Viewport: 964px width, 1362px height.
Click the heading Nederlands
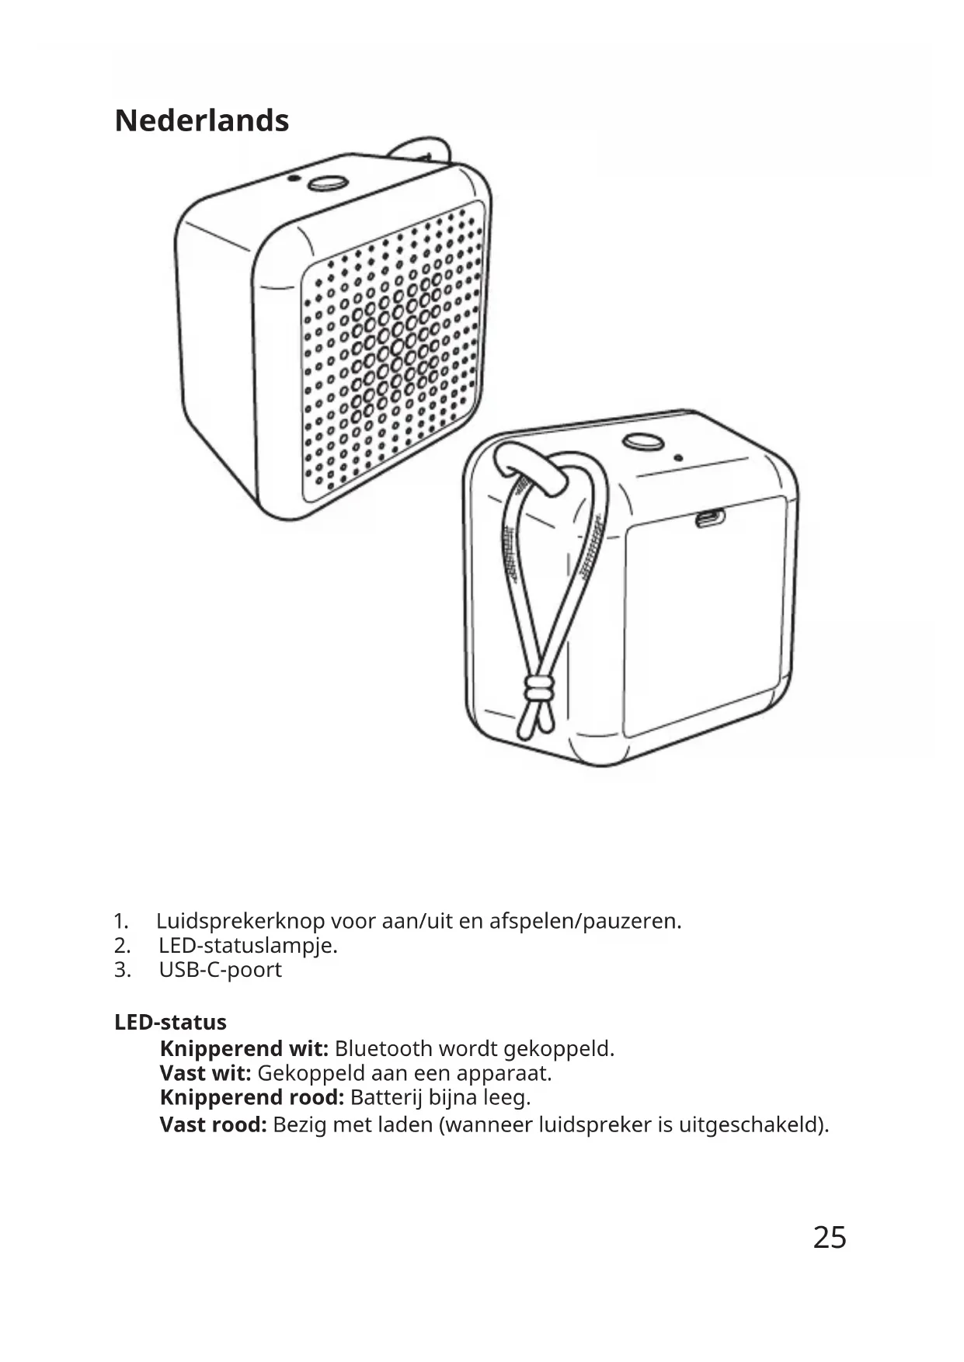click(x=202, y=121)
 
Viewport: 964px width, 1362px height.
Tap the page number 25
click(x=829, y=1237)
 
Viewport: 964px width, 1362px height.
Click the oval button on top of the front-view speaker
click(x=327, y=183)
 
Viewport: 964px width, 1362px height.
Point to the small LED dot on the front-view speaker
click(x=292, y=178)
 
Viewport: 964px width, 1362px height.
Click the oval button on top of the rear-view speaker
click(x=642, y=442)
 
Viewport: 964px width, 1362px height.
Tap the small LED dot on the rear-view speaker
click(x=678, y=458)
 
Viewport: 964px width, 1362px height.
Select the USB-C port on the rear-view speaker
click(x=709, y=518)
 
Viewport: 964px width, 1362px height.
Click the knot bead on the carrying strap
click(x=538, y=688)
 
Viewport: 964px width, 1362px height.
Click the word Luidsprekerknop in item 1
click(x=240, y=922)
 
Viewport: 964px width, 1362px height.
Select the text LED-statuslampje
click(x=248, y=946)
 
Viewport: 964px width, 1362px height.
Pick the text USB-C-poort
click(x=220, y=970)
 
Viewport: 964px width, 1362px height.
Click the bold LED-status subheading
click(x=170, y=1023)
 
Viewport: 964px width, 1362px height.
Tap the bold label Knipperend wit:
click(x=244, y=1049)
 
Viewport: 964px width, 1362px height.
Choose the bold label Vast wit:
click(x=205, y=1074)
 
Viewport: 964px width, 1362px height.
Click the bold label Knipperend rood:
click(x=252, y=1098)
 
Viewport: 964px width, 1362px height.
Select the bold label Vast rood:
click(x=213, y=1124)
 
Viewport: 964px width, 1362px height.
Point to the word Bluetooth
click(x=384, y=1049)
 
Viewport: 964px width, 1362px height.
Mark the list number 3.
click(x=121, y=970)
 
